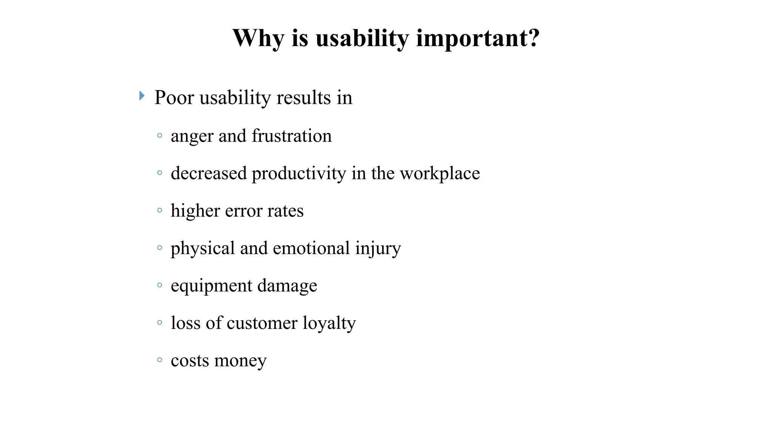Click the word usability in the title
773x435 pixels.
(362, 38)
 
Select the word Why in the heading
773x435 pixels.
(258, 38)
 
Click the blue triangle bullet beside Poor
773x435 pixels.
(142, 96)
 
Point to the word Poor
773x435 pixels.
(174, 97)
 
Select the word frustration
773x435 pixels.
(291, 136)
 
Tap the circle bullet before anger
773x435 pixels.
(160, 135)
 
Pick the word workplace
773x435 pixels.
(440, 173)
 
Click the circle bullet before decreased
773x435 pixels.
(160, 173)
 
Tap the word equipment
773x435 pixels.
(211, 286)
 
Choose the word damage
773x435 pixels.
(287, 286)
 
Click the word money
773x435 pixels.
(240, 361)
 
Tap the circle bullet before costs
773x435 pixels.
(160, 360)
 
